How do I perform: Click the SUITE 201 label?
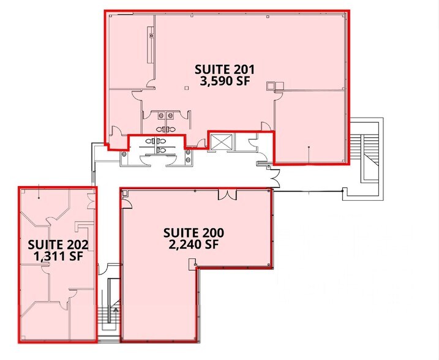click(224, 69)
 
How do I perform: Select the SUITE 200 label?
click(193, 233)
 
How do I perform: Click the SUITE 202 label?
click(59, 245)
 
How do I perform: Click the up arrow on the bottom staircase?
click(113, 312)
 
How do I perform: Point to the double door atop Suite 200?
click(228, 194)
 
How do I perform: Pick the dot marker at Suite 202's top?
click(40, 197)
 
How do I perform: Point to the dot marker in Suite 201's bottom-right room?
click(309, 148)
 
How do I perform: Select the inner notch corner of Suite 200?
click(196, 266)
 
